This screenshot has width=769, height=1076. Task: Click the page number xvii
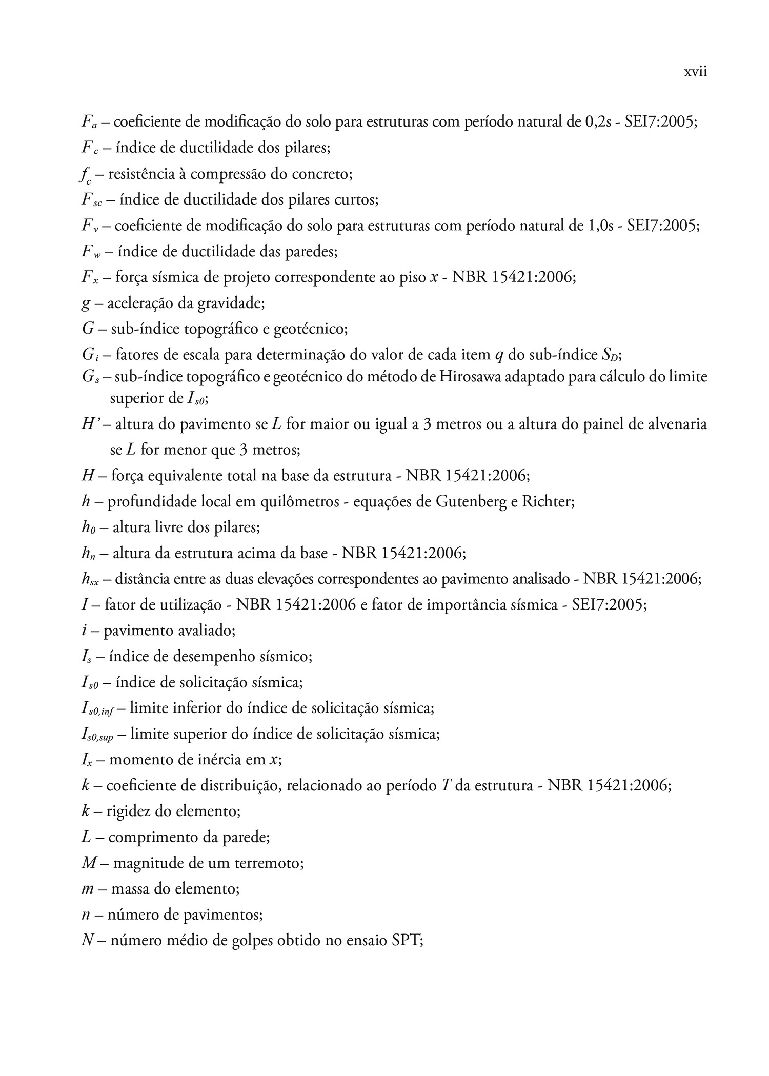[695, 72]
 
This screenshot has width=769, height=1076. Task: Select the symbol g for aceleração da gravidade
[86, 303]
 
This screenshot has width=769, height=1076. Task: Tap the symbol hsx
[90, 580]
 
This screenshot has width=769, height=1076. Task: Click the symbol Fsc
[92, 200]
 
